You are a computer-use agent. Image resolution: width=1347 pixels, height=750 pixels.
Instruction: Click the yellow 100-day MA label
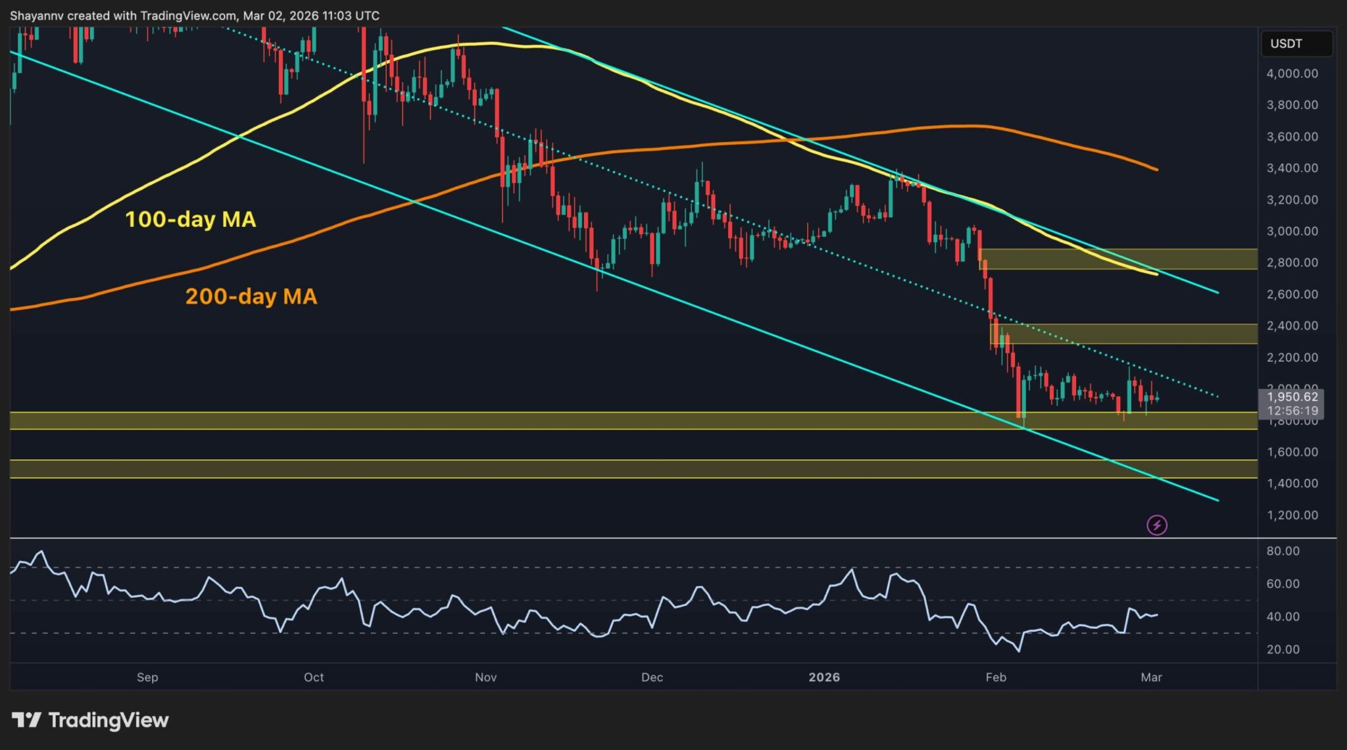point(190,219)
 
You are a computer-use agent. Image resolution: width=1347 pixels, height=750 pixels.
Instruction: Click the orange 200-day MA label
point(251,296)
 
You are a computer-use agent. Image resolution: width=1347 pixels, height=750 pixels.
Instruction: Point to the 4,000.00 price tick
point(1292,74)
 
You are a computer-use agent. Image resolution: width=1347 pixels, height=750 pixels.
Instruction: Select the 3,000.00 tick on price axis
point(1292,231)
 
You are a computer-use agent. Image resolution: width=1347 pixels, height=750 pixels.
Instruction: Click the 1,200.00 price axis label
point(1292,515)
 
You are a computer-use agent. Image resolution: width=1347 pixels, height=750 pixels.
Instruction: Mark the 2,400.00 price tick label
point(1292,326)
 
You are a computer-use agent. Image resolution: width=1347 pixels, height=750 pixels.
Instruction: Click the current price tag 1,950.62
point(1292,397)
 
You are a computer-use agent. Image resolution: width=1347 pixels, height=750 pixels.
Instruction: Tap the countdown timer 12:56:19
point(1292,411)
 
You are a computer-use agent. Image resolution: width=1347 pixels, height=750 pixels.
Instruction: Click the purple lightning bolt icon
point(1156,525)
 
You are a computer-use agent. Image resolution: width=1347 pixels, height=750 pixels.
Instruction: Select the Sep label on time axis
point(147,677)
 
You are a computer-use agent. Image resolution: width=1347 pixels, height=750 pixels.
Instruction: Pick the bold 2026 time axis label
point(823,677)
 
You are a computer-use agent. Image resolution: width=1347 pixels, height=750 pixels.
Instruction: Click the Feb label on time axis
point(996,677)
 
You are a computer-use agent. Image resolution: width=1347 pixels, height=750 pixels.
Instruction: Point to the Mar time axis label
point(1151,677)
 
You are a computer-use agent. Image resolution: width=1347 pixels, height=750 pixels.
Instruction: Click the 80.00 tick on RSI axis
point(1283,551)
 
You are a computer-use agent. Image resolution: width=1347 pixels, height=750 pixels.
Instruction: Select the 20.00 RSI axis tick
point(1283,649)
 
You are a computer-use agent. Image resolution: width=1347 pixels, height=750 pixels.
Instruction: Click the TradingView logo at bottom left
point(90,720)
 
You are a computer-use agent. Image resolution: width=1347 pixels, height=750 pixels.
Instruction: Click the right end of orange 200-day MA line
point(1156,169)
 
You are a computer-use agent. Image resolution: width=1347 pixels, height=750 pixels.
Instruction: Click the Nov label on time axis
point(485,677)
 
